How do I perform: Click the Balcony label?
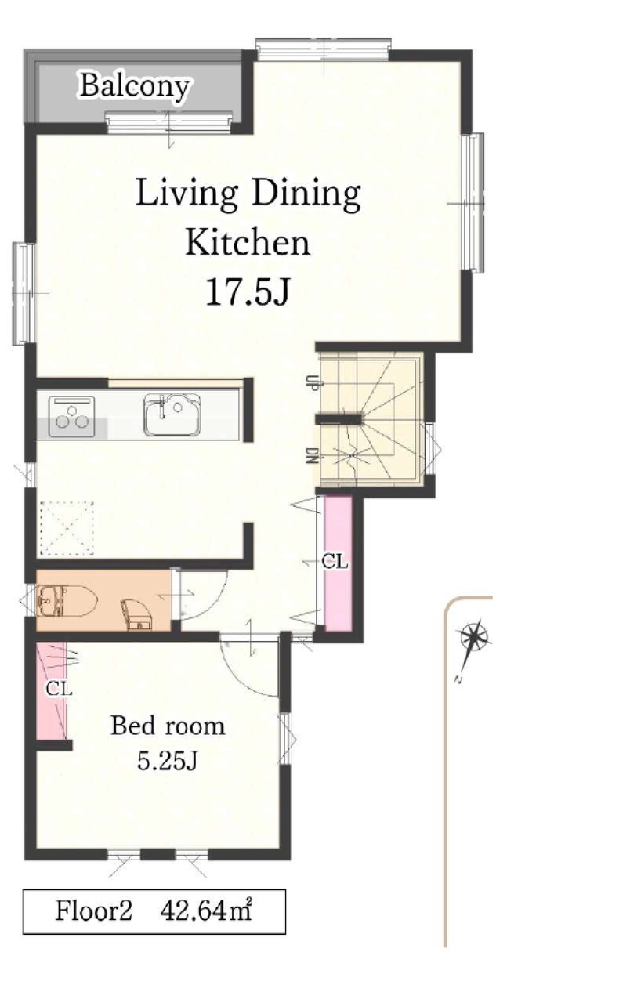[x=134, y=86]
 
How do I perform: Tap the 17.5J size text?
[x=248, y=291]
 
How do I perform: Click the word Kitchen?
[x=248, y=242]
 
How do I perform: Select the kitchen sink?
[x=172, y=415]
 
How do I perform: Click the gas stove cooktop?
[x=71, y=416]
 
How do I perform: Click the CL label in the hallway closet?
[x=335, y=561]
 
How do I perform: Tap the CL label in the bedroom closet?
[x=59, y=689]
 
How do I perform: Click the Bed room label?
[x=168, y=726]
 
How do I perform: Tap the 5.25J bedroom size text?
[x=168, y=761]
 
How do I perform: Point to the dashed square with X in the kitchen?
[x=67, y=528]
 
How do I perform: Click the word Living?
[x=186, y=194]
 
